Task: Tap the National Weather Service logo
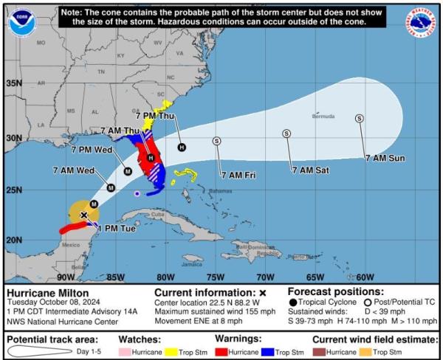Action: click(x=422, y=22)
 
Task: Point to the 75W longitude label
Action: click(x=215, y=277)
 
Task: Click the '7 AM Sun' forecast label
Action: click(x=385, y=158)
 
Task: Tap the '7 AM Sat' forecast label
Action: click(x=310, y=170)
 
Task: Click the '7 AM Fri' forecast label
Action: click(x=238, y=175)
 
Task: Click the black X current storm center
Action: click(x=84, y=215)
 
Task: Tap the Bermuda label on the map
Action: click(x=323, y=117)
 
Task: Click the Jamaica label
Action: click(x=193, y=263)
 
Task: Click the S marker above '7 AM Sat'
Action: click(x=286, y=134)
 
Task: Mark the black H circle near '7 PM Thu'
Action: click(x=182, y=147)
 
